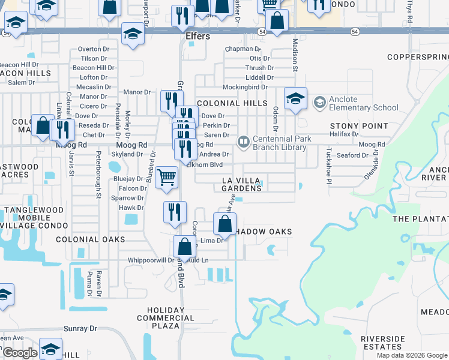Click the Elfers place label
tap(197, 37)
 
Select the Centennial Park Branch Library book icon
tap(243, 142)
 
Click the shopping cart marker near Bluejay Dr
tap(166, 177)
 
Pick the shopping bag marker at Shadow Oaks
tap(224, 224)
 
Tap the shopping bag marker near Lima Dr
tap(185, 246)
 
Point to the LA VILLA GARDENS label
tap(243, 184)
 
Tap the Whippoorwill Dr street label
tap(151, 260)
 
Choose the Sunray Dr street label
tap(80, 329)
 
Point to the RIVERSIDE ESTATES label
tap(383, 343)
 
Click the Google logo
tap(19, 353)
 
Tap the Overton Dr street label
tap(91, 49)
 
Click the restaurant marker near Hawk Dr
tap(175, 212)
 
